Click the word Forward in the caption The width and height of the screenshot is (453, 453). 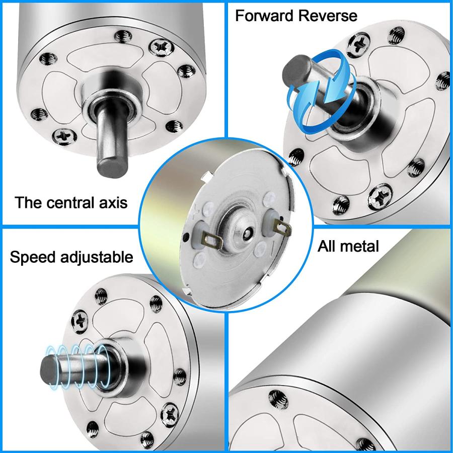coord(265,15)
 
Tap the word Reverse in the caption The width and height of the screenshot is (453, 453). coord(327,15)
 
